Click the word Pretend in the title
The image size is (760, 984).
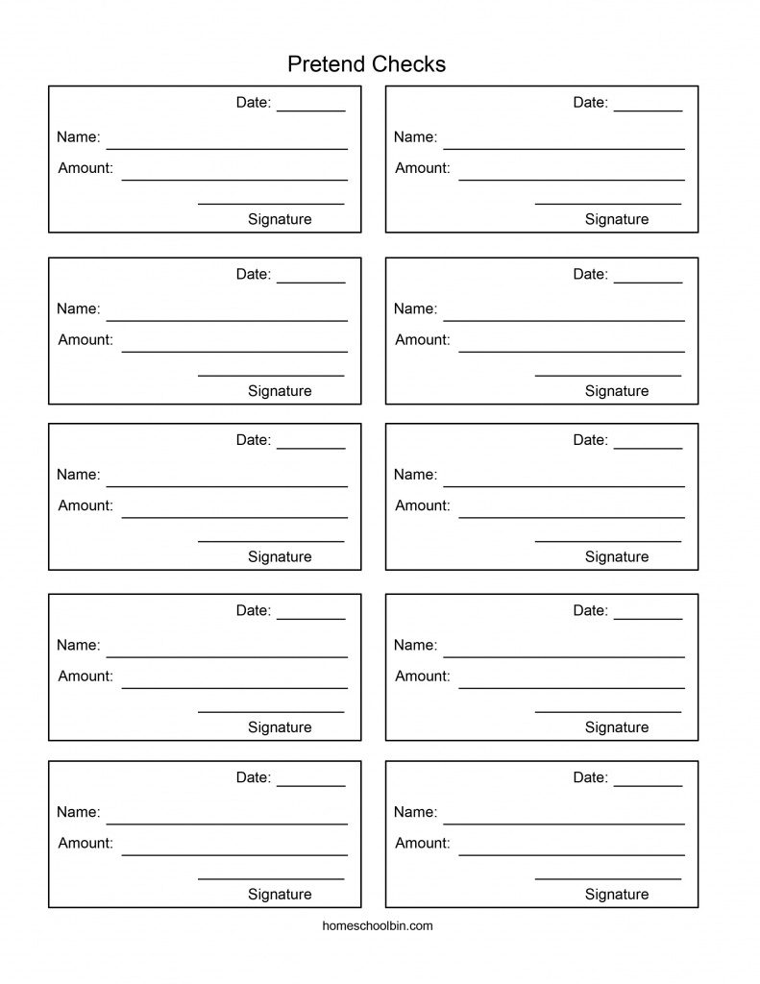[326, 64]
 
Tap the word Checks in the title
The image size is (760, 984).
[409, 64]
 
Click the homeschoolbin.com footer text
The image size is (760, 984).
[380, 926]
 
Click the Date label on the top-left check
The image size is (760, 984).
[254, 103]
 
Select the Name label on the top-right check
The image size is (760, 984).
[415, 137]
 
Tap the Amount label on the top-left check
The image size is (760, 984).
[86, 168]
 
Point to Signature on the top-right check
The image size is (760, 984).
[617, 219]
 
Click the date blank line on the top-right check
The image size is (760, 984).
[648, 111]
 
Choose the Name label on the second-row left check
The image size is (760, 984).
[78, 309]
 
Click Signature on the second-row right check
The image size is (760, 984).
[617, 391]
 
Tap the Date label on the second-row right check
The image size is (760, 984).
[591, 275]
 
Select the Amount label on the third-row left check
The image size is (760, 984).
[86, 505]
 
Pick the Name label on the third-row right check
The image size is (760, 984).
[415, 475]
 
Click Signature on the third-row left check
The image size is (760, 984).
[280, 556]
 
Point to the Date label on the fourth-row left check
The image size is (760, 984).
[254, 611]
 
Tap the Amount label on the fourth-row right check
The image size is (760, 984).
[423, 676]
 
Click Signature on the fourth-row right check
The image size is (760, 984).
[617, 727]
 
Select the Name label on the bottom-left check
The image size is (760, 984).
[78, 813]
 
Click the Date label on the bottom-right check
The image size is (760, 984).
[591, 778]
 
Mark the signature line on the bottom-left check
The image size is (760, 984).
[271, 878]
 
